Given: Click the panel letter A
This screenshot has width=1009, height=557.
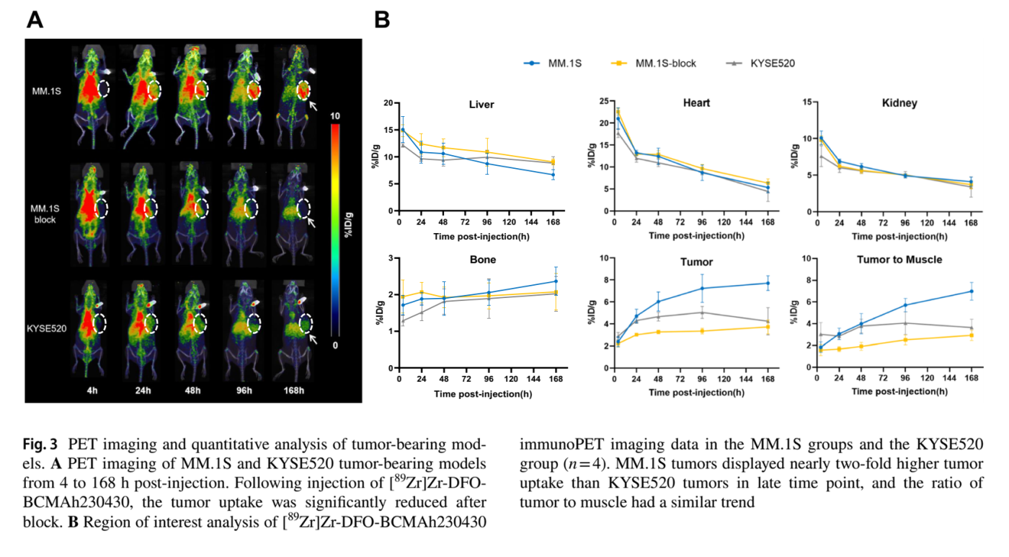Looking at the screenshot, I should tap(35, 20).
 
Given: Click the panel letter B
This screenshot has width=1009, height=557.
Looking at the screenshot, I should tap(382, 20).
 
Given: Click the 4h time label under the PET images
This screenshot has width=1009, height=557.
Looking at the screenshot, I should tap(92, 391).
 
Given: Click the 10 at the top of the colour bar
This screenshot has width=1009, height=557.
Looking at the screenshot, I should tap(335, 116).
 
